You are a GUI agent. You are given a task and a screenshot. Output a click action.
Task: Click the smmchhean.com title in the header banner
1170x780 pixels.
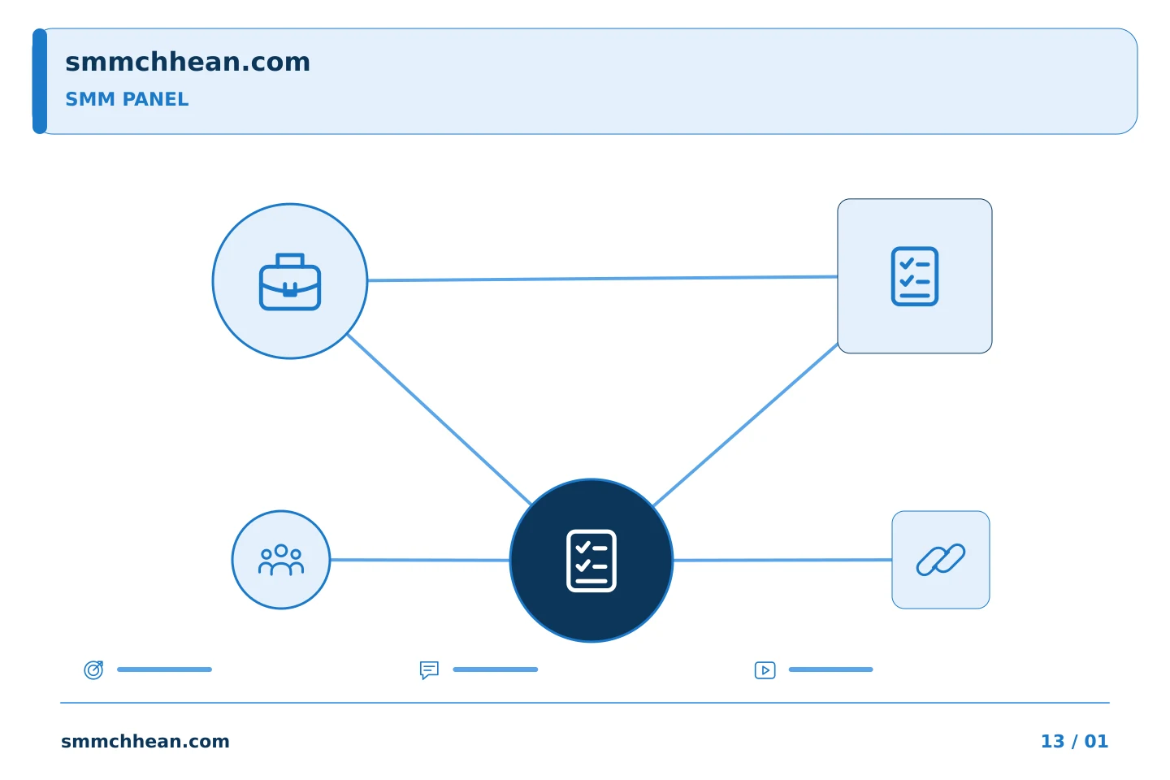(x=188, y=62)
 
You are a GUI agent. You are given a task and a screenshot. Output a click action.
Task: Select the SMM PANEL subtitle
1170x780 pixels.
(x=127, y=99)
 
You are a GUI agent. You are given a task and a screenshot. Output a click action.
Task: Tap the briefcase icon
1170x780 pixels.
(x=290, y=282)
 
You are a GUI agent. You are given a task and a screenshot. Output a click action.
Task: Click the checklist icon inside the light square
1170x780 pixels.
(x=915, y=276)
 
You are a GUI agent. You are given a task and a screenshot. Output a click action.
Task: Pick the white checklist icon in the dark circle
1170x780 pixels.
(x=591, y=561)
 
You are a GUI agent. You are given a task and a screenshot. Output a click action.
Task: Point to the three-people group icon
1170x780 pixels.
(x=281, y=560)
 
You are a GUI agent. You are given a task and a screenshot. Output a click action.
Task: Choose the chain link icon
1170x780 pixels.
(x=941, y=560)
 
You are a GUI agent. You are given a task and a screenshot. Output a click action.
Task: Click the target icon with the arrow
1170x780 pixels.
(x=94, y=669)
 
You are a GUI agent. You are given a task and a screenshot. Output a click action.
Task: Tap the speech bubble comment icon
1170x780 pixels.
(x=429, y=669)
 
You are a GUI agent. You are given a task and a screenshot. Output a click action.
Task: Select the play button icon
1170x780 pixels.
(x=765, y=669)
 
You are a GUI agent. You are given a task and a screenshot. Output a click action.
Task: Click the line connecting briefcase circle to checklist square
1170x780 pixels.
(x=602, y=279)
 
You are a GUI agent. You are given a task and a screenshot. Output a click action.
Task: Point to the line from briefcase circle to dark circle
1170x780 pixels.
(x=440, y=419)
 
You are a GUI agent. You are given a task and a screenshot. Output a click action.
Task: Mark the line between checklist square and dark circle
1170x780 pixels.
(x=746, y=424)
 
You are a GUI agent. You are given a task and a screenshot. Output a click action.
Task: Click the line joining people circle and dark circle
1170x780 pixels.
(x=420, y=560)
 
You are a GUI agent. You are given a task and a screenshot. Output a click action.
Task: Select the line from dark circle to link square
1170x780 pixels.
(x=782, y=560)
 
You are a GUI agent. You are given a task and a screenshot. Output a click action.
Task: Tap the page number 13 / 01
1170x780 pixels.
(x=1074, y=741)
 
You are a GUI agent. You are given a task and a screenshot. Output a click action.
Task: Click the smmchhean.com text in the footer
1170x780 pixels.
(x=145, y=741)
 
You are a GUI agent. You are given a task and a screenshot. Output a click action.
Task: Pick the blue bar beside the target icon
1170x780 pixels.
(x=164, y=669)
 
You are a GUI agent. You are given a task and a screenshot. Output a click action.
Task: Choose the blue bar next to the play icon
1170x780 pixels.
(x=830, y=669)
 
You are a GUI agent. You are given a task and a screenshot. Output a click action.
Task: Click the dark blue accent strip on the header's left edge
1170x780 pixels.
(x=40, y=81)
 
